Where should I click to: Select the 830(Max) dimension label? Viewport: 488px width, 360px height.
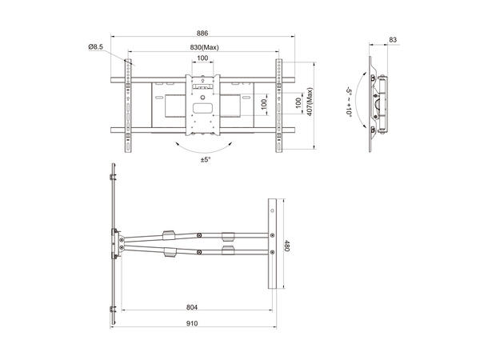(x=204, y=47)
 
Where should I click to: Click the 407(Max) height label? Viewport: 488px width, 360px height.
(x=310, y=102)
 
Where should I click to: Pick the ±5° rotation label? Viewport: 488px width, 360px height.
(x=206, y=160)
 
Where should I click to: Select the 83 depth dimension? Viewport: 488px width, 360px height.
(x=392, y=39)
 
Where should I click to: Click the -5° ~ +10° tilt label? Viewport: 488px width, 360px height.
(x=350, y=102)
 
